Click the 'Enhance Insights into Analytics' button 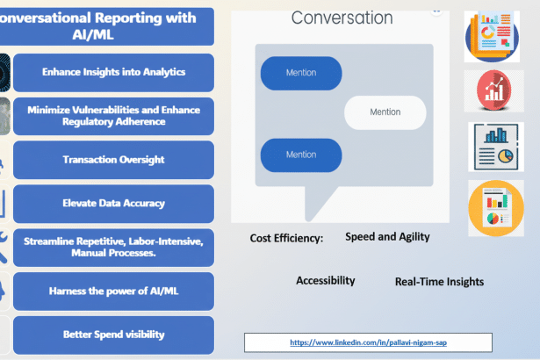pos(113,72)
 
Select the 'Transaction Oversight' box pos(113,160)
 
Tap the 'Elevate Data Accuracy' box pos(113,203)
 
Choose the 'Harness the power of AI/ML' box pos(113,291)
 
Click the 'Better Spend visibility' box pos(113,335)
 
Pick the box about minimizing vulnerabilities pos(113,116)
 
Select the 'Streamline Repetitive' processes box pos(113,247)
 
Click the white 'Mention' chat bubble pos(385,112)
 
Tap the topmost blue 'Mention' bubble pos(301,73)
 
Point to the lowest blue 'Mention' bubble pos(301,155)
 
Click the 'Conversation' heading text pos(342,18)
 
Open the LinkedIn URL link pos(368,342)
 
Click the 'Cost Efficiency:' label pos(286,238)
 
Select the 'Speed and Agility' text pos(387,236)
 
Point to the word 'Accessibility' pos(325,281)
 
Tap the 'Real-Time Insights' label pos(439,282)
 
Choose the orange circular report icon pos(495,207)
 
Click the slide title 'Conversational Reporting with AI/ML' pos(105,26)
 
